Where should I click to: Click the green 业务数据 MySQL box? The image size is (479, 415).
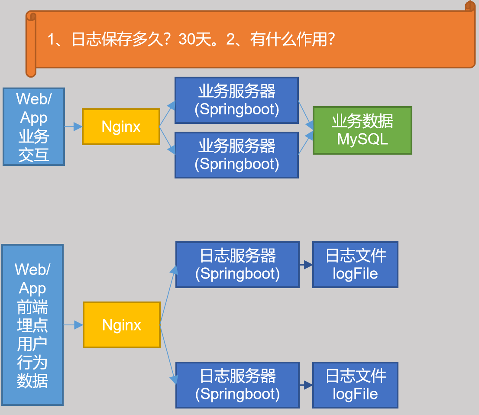point(362,130)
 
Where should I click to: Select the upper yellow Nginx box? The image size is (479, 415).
point(121,126)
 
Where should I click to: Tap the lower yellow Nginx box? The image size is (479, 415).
point(121,325)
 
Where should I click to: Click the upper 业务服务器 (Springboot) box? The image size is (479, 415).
point(236,101)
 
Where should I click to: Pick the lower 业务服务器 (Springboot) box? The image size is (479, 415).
point(236,155)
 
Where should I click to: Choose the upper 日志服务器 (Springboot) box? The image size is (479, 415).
point(237,265)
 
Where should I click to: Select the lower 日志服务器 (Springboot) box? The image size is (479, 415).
point(237,385)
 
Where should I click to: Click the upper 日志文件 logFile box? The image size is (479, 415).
point(355,265)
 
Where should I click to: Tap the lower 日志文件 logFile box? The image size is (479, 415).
point(355,385)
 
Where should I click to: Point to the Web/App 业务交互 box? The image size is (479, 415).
point(33,126)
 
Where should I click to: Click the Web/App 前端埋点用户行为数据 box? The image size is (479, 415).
point(32,325)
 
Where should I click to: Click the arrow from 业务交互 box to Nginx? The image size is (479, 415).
point(73,126)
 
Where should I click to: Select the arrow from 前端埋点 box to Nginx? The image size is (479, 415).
point(73,325)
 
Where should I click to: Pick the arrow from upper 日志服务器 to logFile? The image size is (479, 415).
point(306,265)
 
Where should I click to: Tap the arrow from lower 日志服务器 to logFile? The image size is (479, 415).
point(306,385)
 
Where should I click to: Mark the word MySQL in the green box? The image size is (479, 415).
point(362,139)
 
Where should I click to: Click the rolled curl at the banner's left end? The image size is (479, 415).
point(31,43)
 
